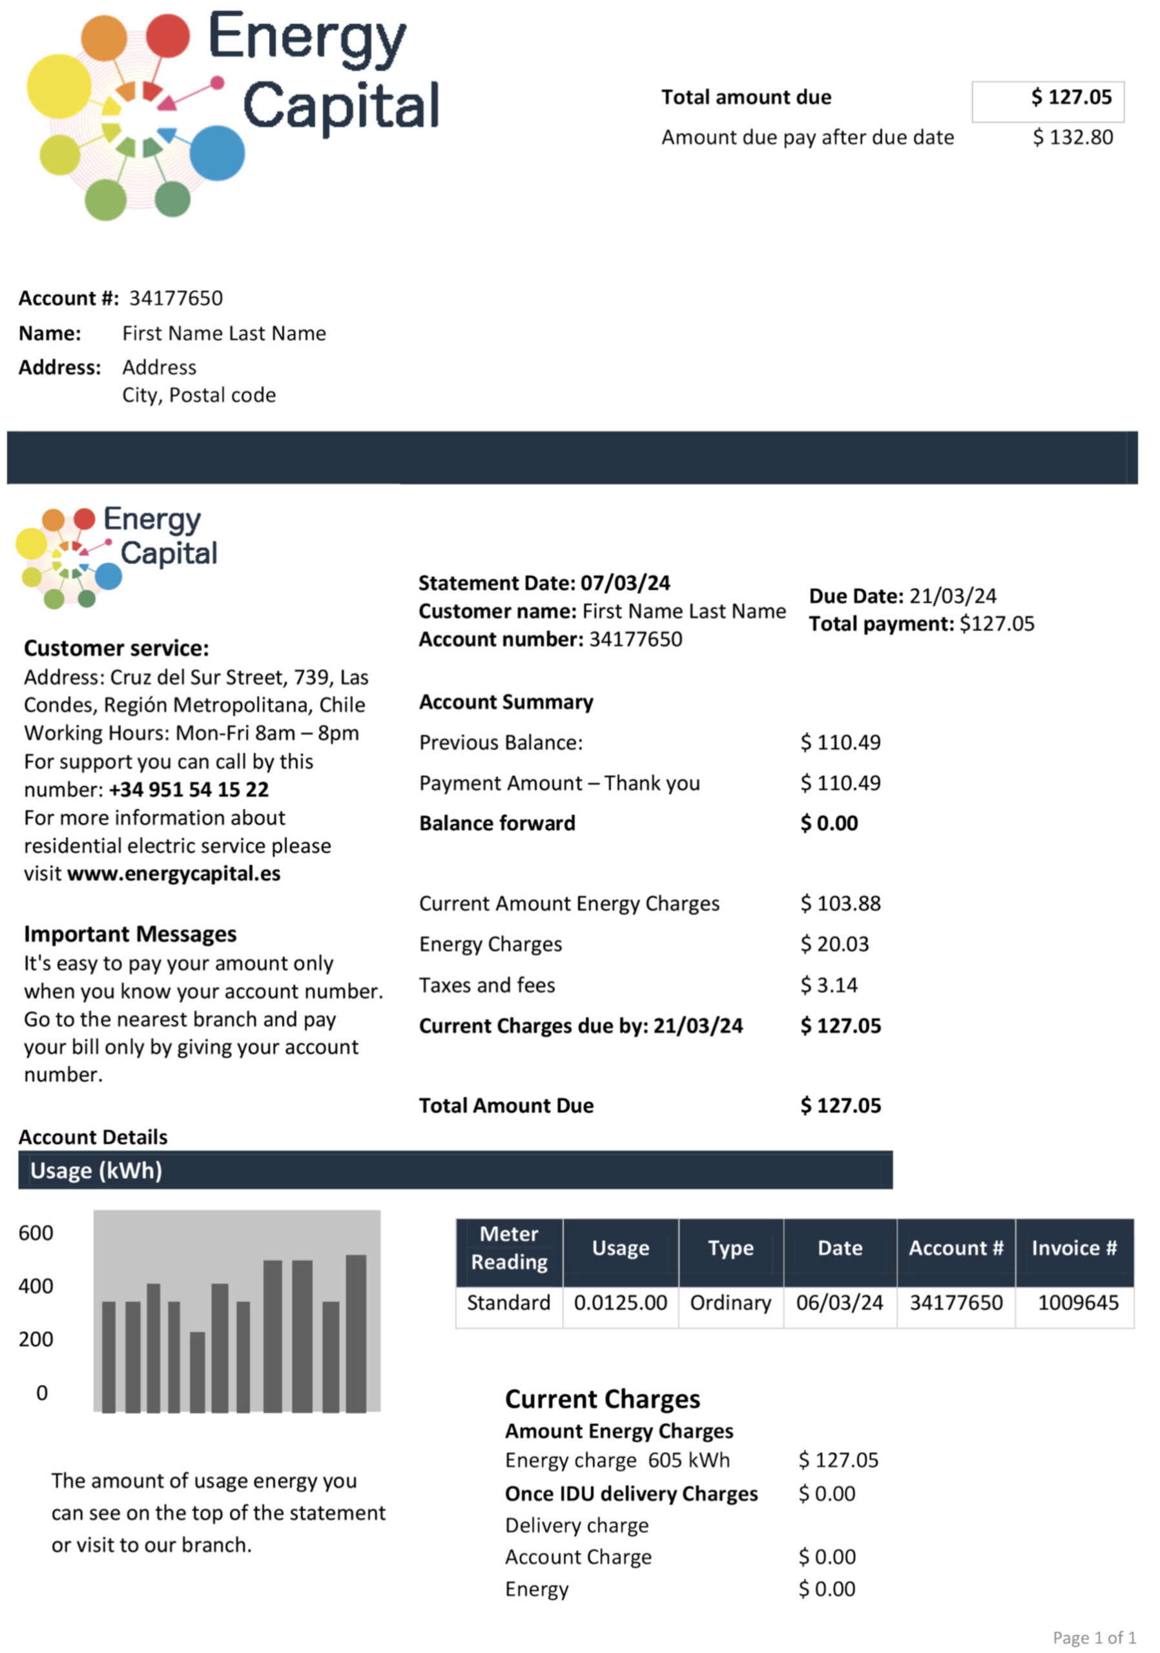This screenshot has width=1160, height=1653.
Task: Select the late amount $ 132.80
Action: (1072, 138)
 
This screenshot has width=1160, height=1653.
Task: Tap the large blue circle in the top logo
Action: (217, 152)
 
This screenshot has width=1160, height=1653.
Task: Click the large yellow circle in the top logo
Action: (59, 86)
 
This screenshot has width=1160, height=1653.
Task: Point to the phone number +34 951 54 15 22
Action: (189, 790)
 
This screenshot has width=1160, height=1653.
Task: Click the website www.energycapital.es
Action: (174, 874)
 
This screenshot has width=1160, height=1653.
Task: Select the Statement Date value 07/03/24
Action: (625, 583)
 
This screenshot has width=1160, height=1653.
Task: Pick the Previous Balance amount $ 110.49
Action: (840, 743)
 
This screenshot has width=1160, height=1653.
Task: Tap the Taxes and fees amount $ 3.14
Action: (829, 985)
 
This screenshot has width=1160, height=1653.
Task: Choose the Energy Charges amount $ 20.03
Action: (834, 944)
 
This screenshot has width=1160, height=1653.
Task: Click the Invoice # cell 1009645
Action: (1078, 1302)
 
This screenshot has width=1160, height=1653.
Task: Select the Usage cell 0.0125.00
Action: (620, 1302)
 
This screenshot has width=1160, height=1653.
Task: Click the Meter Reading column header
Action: (509, 1247)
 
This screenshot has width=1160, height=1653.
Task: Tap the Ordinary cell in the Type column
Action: (730, 1302)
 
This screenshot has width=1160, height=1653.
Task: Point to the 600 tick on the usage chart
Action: (36, 1233)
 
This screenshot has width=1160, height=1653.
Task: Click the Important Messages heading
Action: (130, 934)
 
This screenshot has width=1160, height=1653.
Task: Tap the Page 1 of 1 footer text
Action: (1093, 1638)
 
